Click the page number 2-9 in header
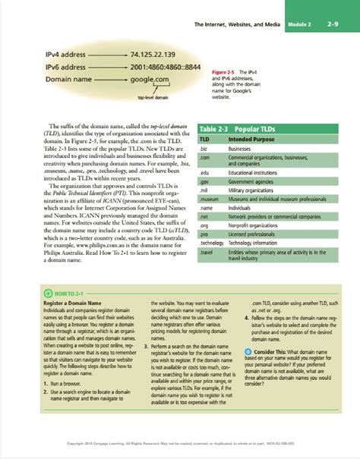pyautogui.click(x=333, y=26)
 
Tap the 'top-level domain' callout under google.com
pyautogui.click(x=152, y=97)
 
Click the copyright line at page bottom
pyautogui.click(x=180, y=444)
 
